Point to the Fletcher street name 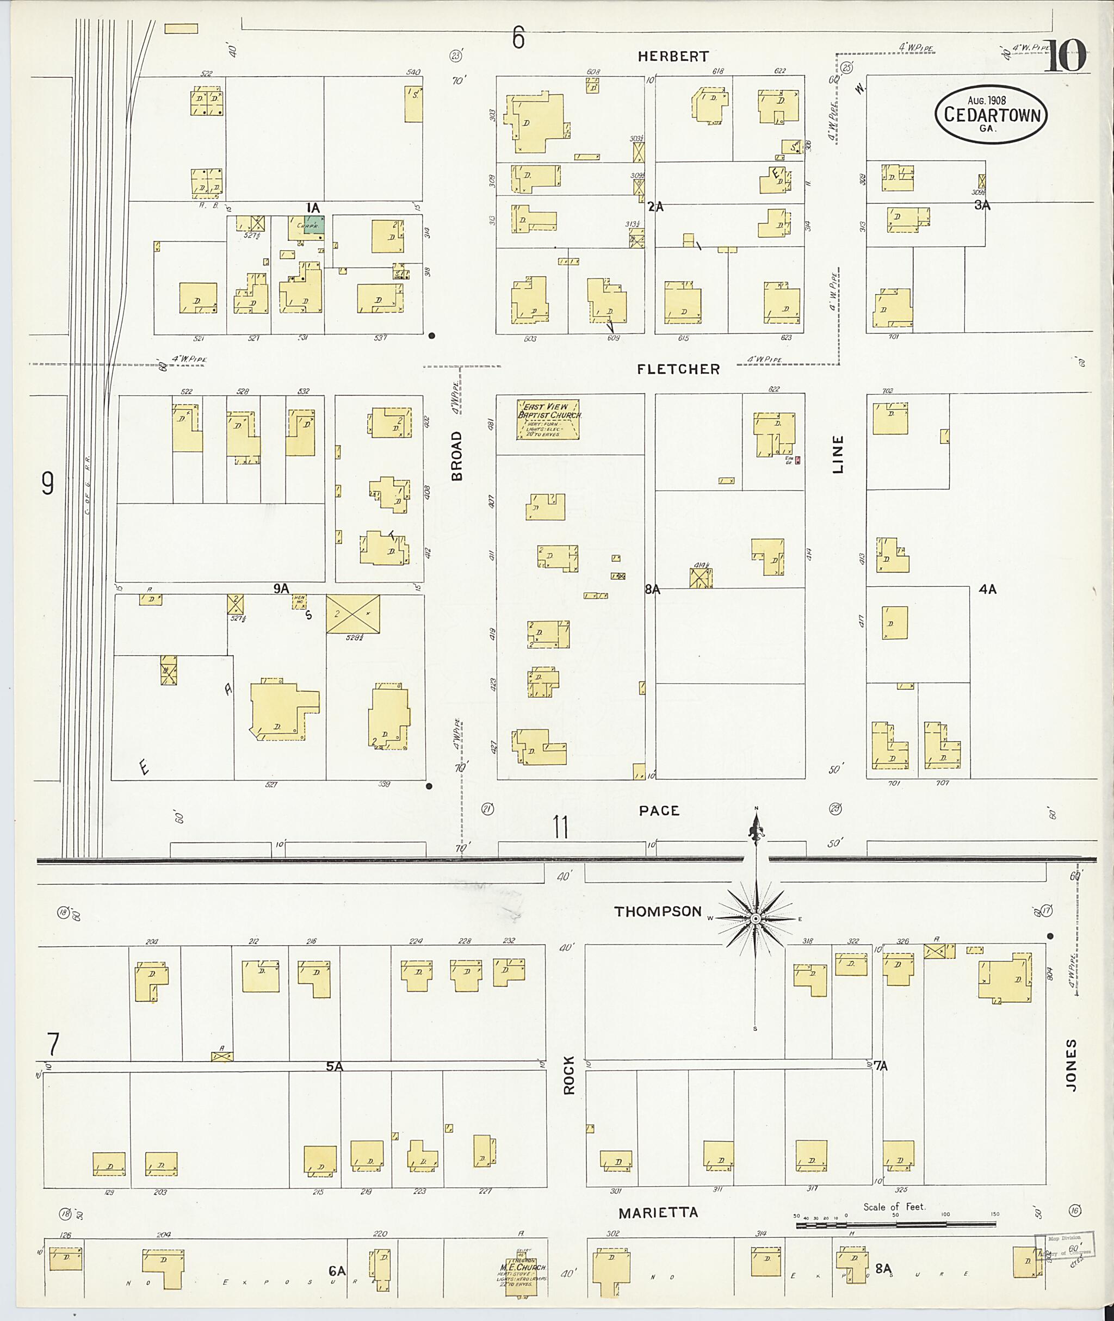click(x=678, y=369)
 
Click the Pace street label click(x=659, y=810)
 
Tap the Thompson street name click(x=658, y=911)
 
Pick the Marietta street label click(x=658, y=1212)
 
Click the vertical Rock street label click(x=569, y=1075)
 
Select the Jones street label click(x=1071, y=1065)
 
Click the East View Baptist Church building click(x=548, y=419)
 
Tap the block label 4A click(x=987, y=589)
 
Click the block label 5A click(x=334, y=1066)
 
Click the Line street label click(x=838, y=454)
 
